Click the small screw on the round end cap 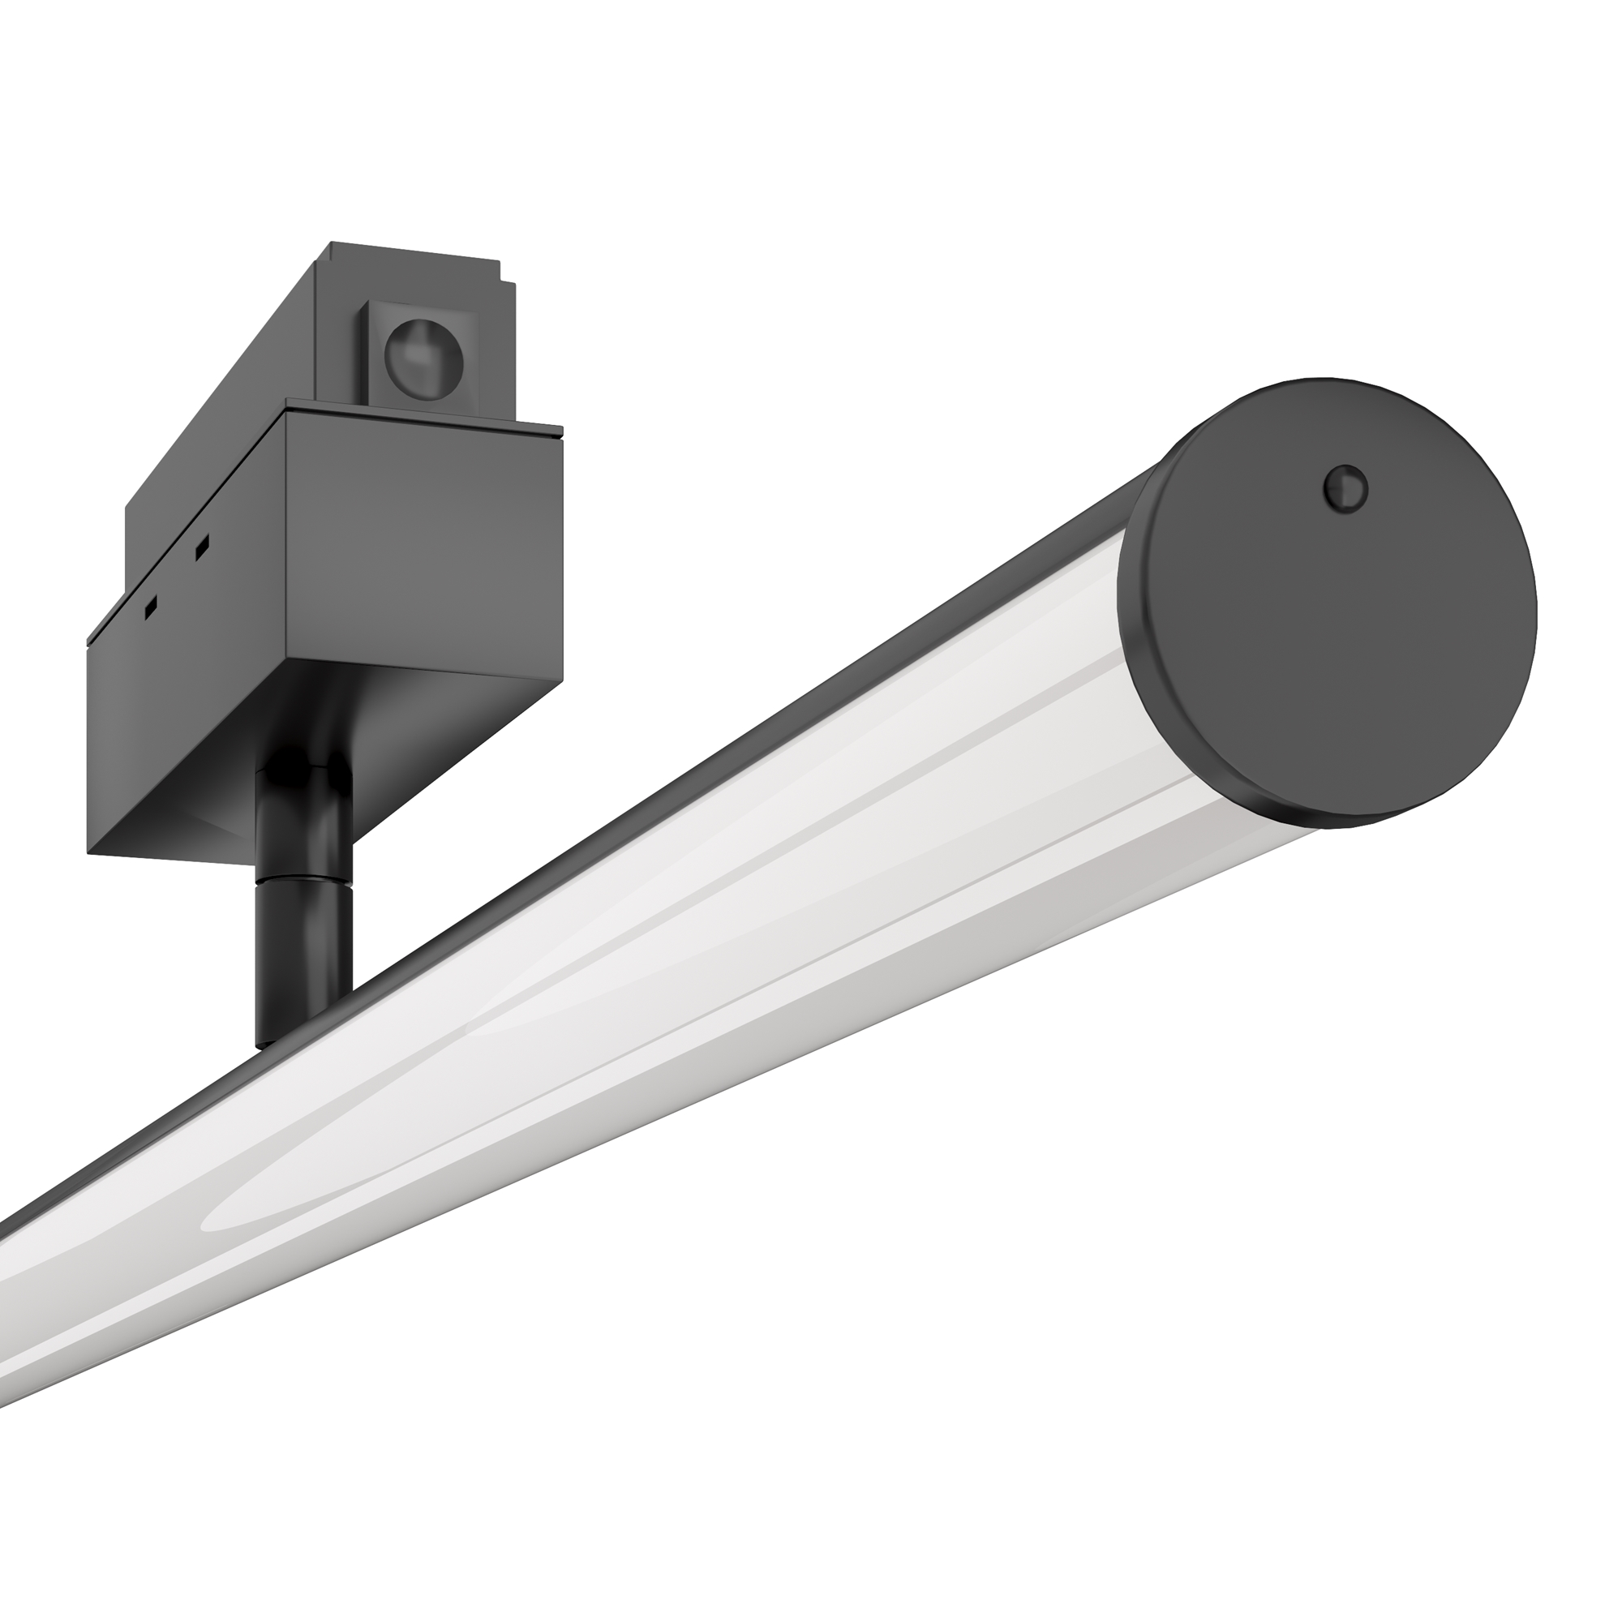(1345, 487)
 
